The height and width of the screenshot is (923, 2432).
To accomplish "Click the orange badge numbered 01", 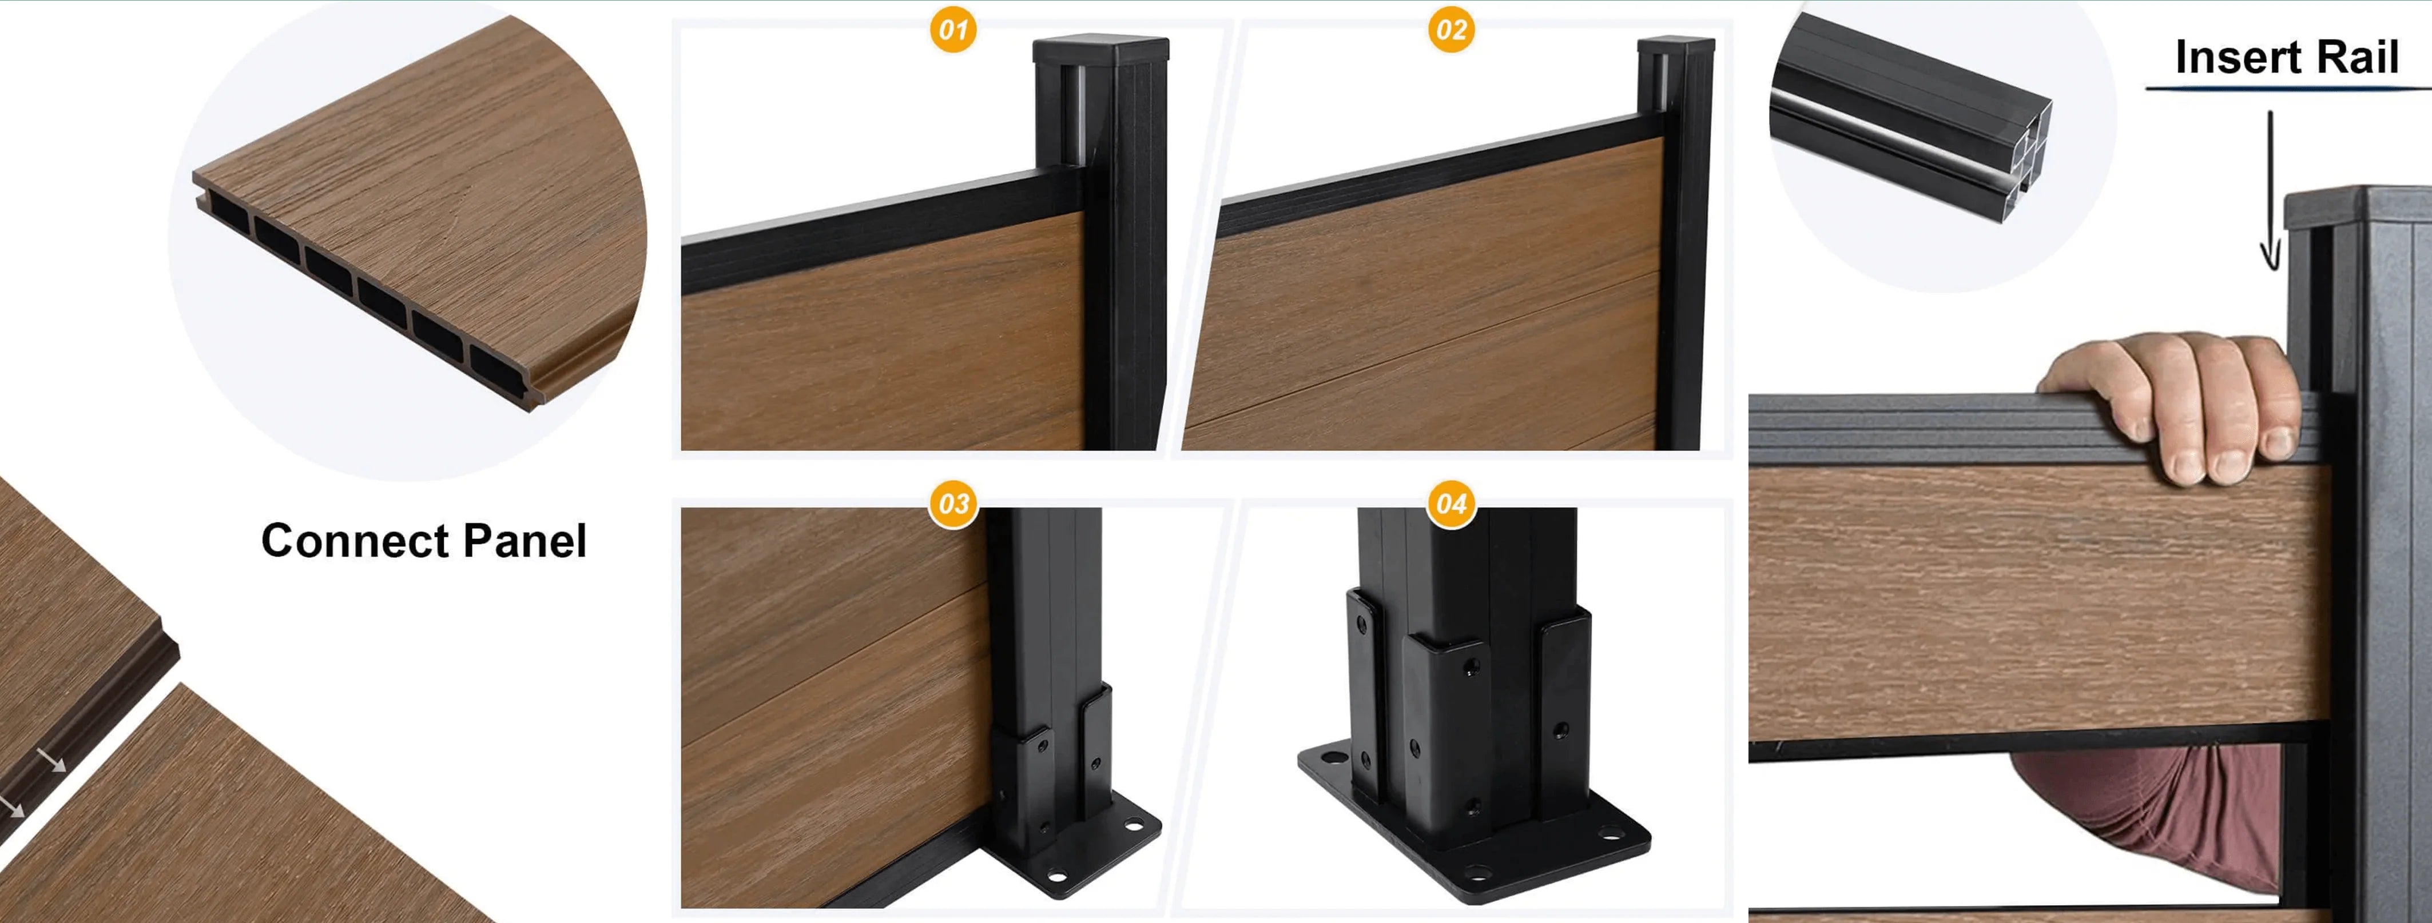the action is [x=952, y=30].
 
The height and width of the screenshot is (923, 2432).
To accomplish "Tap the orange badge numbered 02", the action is [x=1451, y=30].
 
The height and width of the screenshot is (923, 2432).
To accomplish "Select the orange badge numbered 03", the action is [x=952, y=504].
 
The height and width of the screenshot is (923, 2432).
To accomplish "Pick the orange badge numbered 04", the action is [x=1451, y=504].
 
